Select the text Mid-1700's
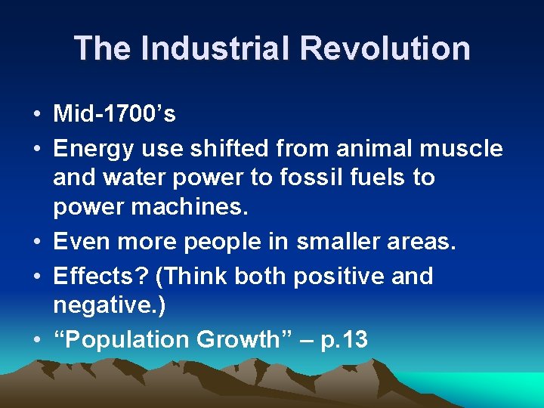(x=114, y=114)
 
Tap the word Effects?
(x=100, y=277)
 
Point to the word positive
(x=341, y=277)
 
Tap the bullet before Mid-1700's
(x=36, y=115)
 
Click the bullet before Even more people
(x=36, y=243)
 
